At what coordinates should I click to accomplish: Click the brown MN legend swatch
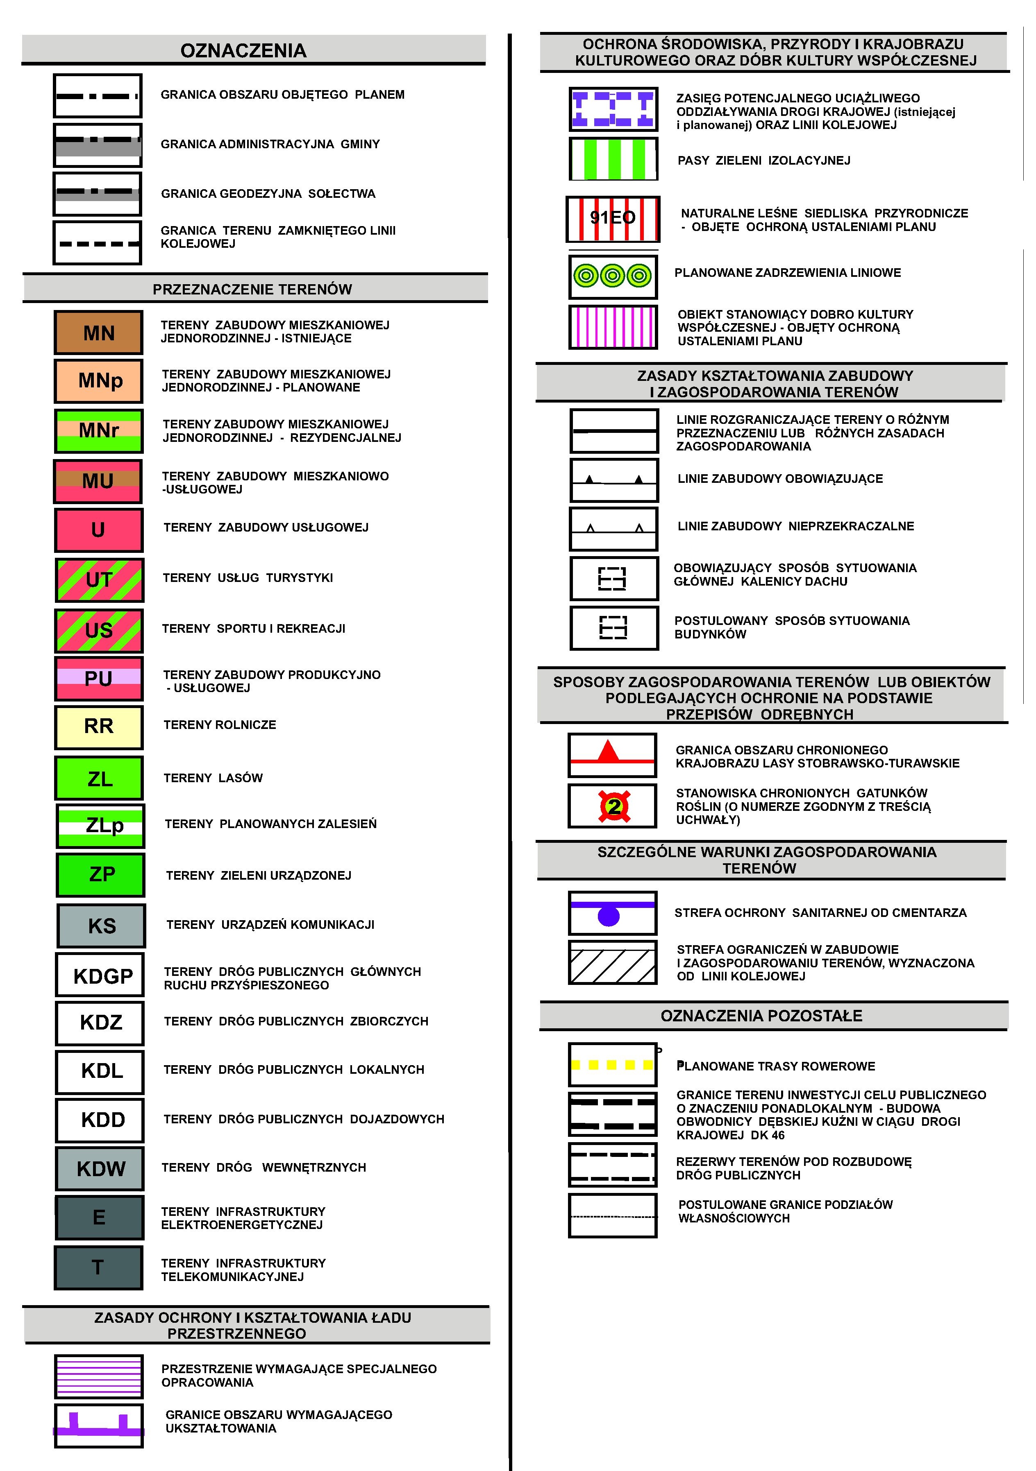click(98, 333)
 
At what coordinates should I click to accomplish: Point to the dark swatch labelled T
click(98, 1267)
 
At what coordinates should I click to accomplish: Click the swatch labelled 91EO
click(613, 218)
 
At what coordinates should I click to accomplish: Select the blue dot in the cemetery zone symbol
click(609, 916)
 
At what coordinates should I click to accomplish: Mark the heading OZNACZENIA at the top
click(243, 51)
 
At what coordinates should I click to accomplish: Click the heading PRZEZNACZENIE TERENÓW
click(252, 290)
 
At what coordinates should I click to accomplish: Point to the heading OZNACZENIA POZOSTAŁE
click(761, 1016)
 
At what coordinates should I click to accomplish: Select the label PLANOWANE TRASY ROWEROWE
click(776, 1066)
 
